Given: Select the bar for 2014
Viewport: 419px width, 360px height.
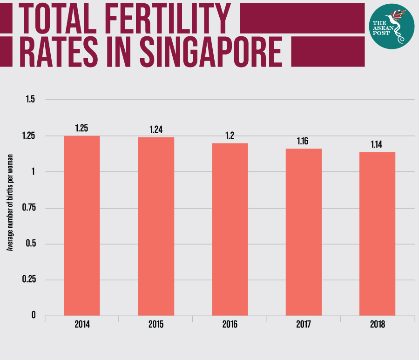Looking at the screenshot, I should pyautogui.click(x=81, y=225).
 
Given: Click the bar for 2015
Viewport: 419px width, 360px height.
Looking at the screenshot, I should pyautogui.click(x=156, y=226).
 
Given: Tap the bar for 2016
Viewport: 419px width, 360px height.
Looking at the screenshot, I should pyautogui.click(x=230, y=229).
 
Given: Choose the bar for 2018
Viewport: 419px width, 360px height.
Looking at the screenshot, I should pyautogui.click(x=377, y=233).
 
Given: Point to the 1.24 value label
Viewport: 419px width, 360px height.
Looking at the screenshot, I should pyautogui.click(x=156, y=129).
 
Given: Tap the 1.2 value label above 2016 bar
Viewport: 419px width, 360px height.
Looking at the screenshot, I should pyautogui.click(x=230, y=136).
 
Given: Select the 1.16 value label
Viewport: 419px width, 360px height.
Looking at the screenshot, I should pyautogui.click(x=304, y=141).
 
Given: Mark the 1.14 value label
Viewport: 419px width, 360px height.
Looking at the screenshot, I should pyautogui.click(x=377, y=144).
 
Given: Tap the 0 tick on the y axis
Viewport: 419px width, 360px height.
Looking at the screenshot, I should pyautogui.click(x=34, y=316).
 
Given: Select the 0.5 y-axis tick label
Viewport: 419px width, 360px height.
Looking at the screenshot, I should pyautogui.click(x=31, y=244).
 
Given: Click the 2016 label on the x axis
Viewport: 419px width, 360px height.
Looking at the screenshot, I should pyautogui.click(x=230, y=325).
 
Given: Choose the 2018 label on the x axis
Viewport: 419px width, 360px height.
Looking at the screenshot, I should pyautogui.click(x=377, y=325).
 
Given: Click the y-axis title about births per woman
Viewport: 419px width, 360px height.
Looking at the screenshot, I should pyautogui.click(x=10, y=208).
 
